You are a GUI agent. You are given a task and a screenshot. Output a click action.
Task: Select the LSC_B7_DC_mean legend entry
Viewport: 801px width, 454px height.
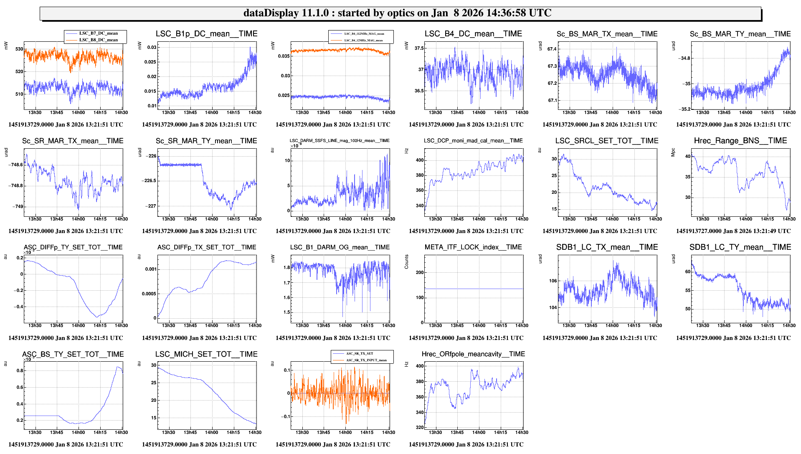98,33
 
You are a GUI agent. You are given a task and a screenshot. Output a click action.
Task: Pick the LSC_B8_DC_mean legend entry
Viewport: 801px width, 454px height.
98,40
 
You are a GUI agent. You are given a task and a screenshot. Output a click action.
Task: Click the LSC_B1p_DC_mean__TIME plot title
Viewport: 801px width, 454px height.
206,34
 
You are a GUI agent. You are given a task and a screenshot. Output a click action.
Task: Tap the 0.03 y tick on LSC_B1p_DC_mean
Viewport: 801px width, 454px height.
152,47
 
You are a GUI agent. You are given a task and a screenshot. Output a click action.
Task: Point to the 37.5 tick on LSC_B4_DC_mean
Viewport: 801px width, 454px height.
418,48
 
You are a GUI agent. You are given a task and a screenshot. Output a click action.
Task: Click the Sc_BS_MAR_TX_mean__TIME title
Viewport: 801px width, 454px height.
607,34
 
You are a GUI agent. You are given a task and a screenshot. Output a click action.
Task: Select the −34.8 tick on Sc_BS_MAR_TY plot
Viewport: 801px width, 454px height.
685,58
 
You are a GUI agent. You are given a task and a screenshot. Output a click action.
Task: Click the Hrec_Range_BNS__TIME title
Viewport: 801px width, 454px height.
740,141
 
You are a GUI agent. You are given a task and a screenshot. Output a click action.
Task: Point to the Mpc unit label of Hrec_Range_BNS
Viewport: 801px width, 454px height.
673,152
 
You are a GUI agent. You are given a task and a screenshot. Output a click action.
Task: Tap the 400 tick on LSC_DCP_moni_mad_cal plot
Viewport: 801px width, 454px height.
419,160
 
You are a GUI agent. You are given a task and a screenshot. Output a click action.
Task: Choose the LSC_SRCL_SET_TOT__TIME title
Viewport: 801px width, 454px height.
606,141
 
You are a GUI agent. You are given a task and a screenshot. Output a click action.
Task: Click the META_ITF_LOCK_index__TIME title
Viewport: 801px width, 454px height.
473,247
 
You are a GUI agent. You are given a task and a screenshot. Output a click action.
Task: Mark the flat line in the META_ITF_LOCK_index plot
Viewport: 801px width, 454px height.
474,289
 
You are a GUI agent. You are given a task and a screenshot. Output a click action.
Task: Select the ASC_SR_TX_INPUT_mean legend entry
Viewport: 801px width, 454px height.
366,360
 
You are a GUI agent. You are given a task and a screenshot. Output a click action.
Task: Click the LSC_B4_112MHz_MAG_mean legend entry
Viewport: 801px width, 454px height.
364,33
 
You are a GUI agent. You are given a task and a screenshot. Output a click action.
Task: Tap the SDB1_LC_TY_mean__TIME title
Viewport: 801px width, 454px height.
740,247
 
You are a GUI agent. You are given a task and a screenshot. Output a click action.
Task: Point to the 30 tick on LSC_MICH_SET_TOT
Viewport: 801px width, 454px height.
154,365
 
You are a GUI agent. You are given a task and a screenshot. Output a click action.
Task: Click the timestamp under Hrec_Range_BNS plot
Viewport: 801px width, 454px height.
733,231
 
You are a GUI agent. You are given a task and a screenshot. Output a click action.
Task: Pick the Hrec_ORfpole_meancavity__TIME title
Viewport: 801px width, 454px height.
473,354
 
